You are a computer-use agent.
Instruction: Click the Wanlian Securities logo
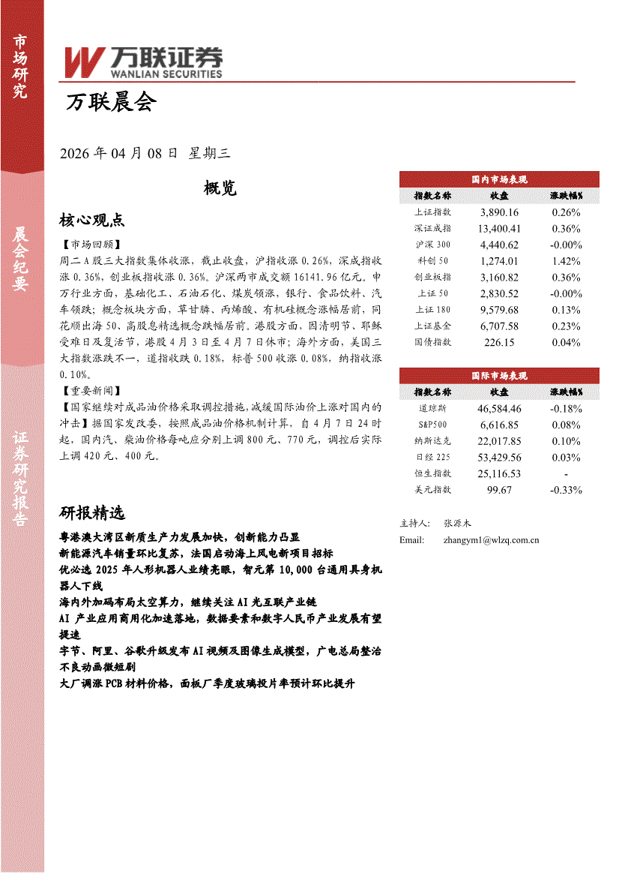click(143, 62)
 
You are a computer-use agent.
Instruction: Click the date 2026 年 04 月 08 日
click(118, 153)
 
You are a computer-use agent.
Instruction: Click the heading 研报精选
click(92, 513)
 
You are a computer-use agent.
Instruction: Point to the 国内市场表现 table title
click(499, 179)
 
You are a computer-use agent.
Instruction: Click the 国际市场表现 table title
click(499, 376)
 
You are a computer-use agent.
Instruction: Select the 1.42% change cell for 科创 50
click(566, 261)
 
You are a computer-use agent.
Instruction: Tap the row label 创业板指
click(433, 278)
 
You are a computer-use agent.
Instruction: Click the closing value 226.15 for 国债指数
click(499, 342)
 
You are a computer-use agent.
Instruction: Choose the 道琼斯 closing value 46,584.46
click(499, 409)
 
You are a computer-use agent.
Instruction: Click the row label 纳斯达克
click(433, 441)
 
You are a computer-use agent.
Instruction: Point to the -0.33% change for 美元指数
click(566, 490)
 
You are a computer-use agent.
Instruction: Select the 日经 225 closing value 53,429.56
click(499, 458)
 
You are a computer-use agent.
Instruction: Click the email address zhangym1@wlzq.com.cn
click(491, 540)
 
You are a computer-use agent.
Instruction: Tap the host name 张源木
click(457, 523)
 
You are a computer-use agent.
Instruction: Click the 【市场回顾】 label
click(88, 245)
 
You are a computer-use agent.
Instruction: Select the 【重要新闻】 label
click(88, 392)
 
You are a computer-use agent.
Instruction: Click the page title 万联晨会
click(111, 104)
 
